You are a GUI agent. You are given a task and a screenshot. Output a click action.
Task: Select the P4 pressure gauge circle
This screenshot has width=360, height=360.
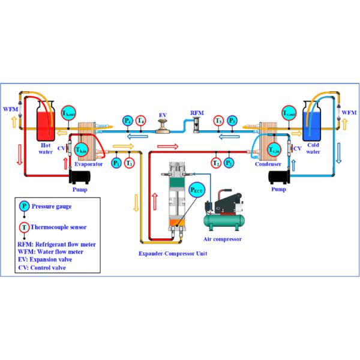(x=128, y=121)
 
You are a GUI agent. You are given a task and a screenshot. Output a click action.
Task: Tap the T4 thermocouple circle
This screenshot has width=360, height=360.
(x=140, y=121)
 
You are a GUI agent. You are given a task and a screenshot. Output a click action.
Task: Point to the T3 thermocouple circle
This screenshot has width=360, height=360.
(x=220, y=121)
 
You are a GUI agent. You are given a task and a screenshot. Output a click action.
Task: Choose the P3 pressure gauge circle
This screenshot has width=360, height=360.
(x=233, y=121)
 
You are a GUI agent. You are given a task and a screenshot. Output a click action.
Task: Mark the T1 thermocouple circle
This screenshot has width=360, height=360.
(x=130, y=162)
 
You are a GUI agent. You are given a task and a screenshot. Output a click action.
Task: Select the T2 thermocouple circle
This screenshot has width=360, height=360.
(x=216, y=162)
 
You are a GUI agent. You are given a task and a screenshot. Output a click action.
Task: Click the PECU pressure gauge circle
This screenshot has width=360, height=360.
(x=197, y=191)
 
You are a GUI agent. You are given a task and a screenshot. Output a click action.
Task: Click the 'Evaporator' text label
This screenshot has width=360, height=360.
(x=88, y=162)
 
